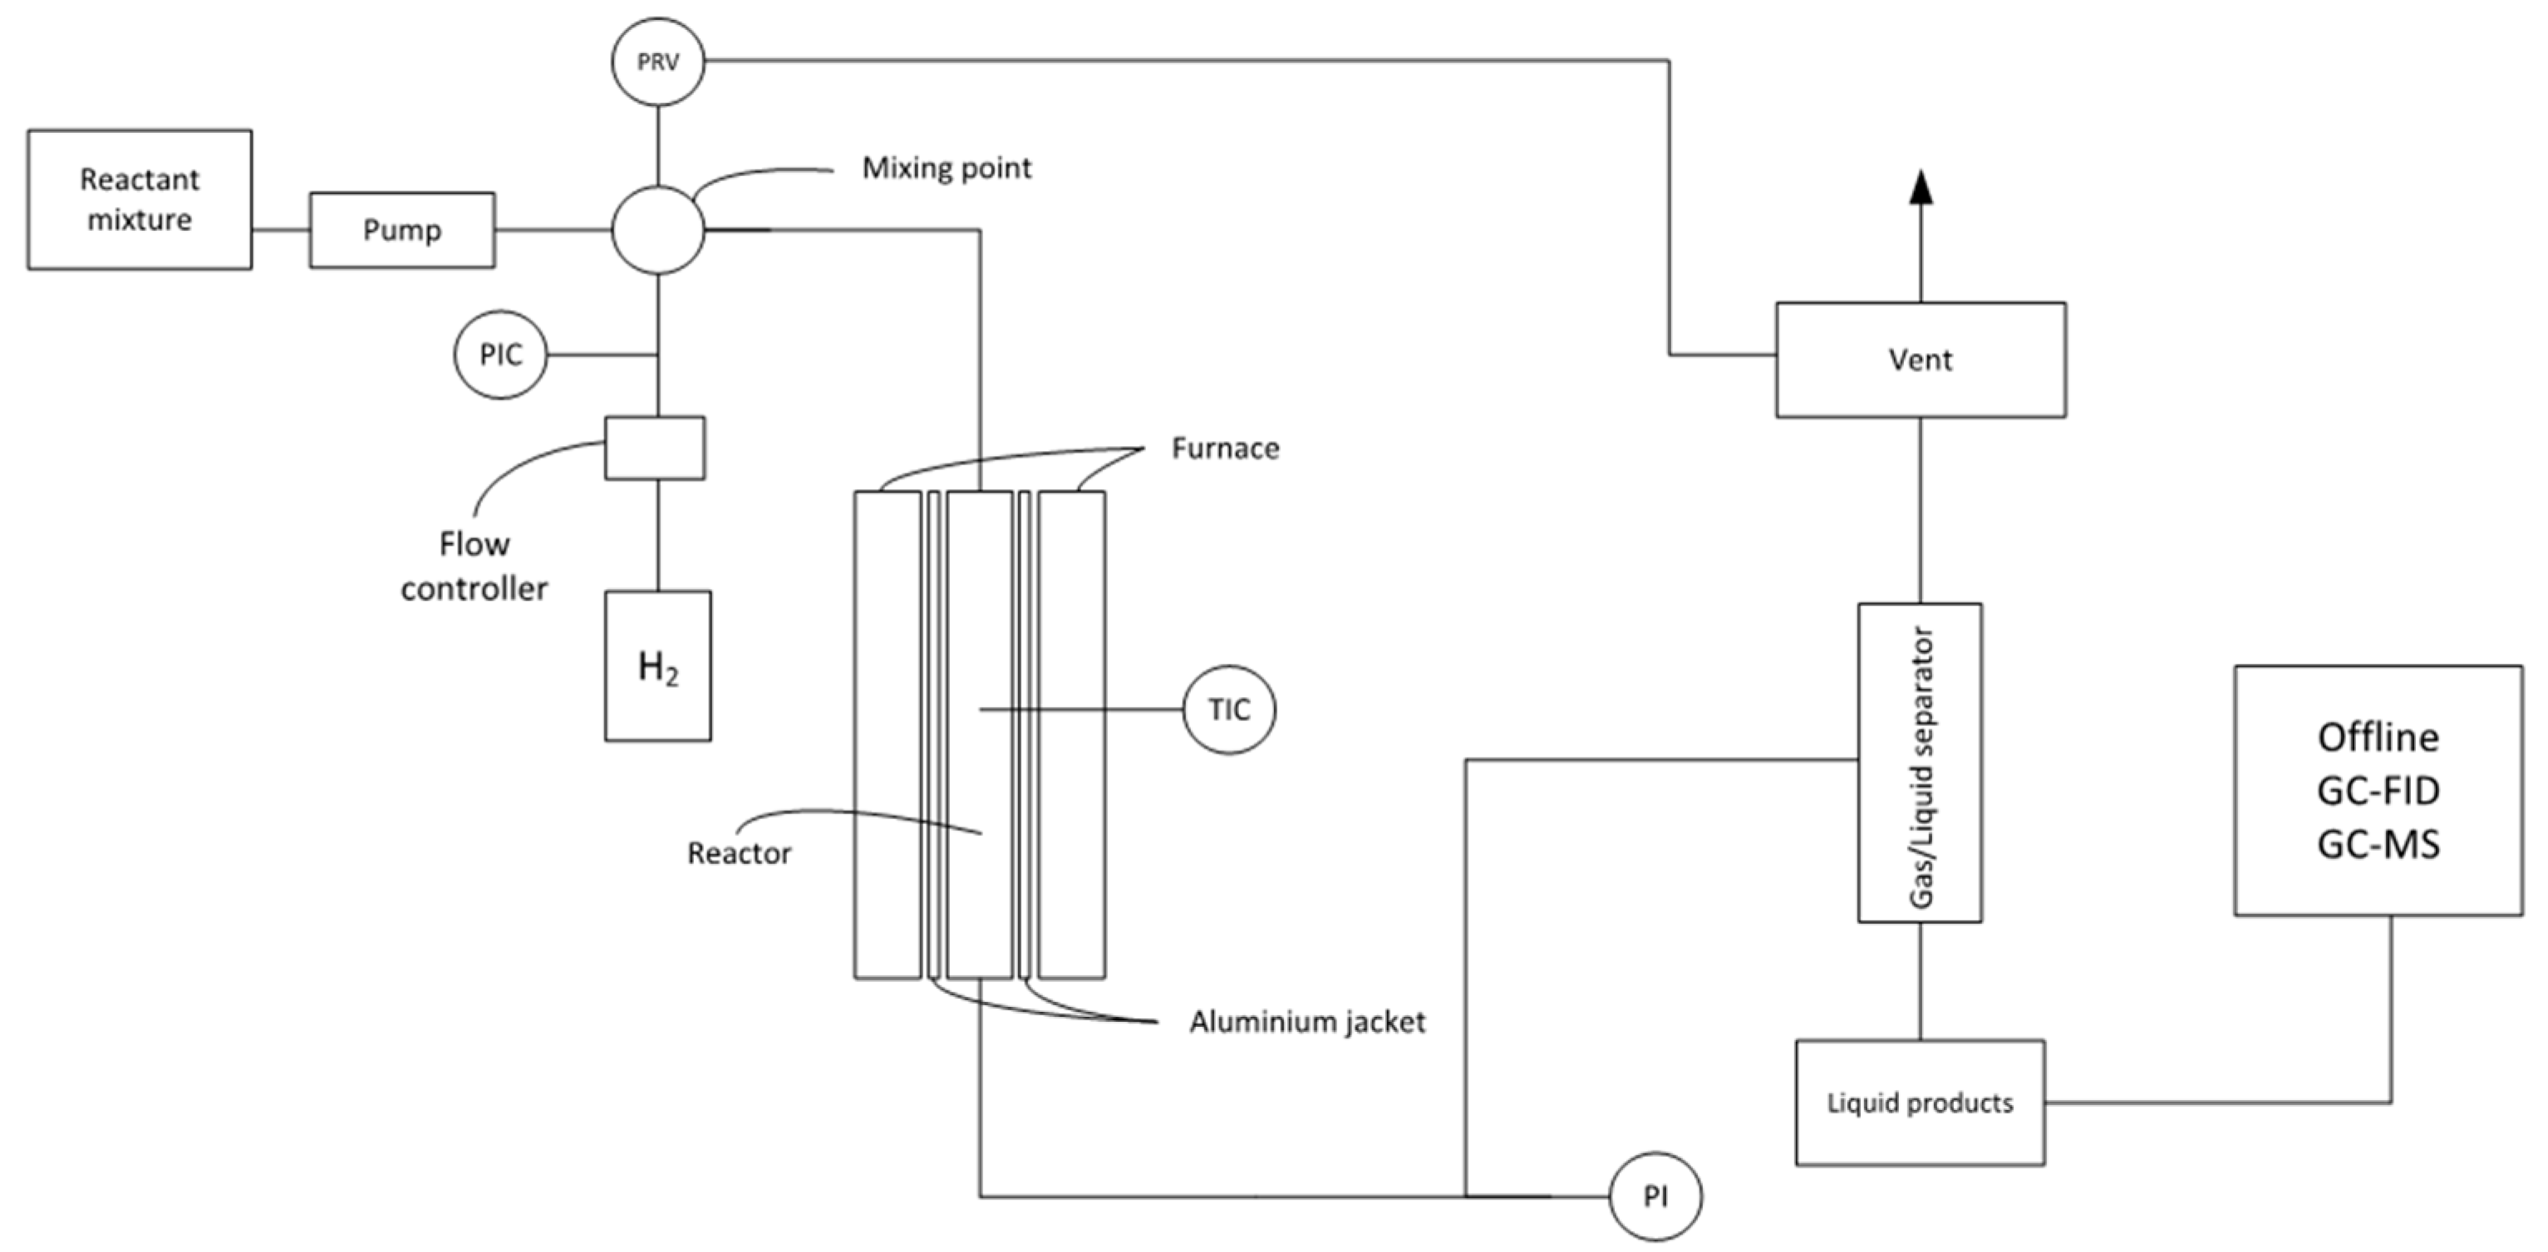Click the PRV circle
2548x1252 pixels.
click(657, 62)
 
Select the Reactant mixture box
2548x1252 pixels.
click(140, 199)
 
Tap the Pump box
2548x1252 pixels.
click(401, 229)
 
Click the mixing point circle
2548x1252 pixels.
click(657, 229)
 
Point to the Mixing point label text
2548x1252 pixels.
click(946, 168)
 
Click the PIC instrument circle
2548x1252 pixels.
click(500, 355)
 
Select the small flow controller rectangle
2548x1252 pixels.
click(655, 448)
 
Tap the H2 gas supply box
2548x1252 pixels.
click(657, 665)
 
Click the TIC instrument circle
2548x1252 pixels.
click(1228, 709)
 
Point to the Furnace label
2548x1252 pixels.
click(1224, 449)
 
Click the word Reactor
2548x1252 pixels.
click(739, 853)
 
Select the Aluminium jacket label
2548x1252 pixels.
click(1306, 1022)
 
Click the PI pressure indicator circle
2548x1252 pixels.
click(1655, 1196)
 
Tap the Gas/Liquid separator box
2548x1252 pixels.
click(1919, 763)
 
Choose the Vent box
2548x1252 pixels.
click(1920, 359)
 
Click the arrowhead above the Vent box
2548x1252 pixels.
click(1920, 188)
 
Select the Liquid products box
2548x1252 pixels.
click(1919, 1102)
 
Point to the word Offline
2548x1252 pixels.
click(2378, 738)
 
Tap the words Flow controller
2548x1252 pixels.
click(474, 567)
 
